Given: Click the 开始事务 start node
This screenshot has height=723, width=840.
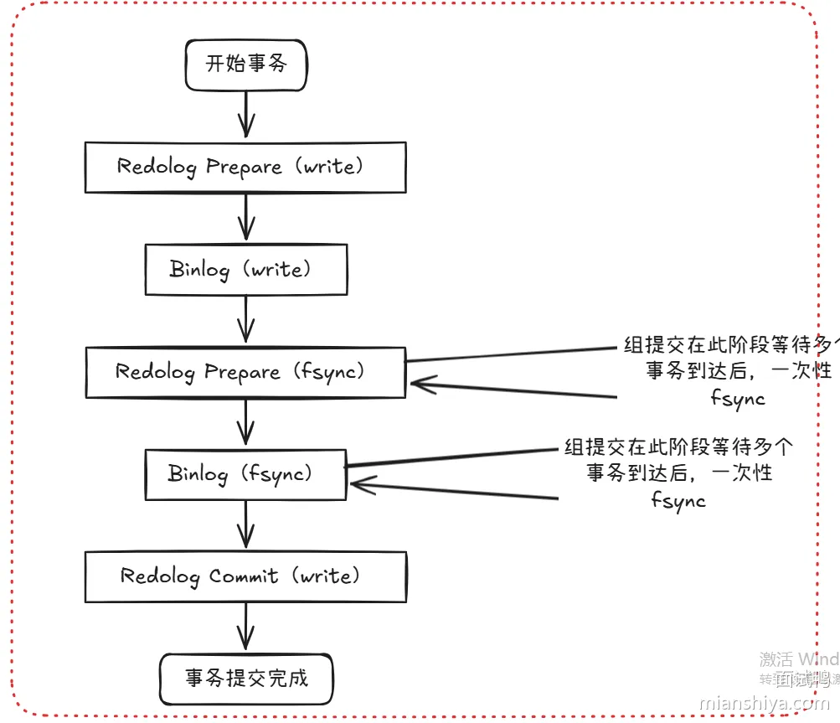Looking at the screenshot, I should tap(246, 64).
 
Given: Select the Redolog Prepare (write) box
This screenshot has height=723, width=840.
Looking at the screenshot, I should tap(245, 167).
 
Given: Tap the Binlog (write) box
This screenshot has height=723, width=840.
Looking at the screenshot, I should tap(245, 269).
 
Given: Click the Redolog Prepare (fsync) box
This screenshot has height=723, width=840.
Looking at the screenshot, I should tap(245, 372).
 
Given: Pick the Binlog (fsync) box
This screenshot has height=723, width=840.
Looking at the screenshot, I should tap(245, 474).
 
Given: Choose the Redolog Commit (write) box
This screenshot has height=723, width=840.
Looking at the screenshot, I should tap(245, 576).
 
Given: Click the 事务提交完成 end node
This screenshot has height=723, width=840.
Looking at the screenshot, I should tap(246, 678).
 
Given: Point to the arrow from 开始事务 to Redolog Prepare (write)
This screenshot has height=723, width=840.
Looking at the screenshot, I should tap(245, 115).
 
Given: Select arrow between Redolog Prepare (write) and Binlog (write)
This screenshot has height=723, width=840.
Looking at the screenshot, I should tap(245, 218).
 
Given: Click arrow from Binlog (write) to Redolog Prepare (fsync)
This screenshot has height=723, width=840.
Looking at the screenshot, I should tap(245, 321).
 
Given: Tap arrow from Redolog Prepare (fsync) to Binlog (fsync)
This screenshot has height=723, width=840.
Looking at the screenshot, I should tap(245, 423).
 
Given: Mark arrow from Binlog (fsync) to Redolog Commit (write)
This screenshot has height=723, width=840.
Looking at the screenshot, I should tap(245, 525).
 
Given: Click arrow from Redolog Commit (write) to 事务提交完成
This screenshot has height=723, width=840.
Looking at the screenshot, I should tap(245, 627).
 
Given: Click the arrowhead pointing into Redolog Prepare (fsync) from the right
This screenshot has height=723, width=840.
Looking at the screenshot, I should tap(420, 385).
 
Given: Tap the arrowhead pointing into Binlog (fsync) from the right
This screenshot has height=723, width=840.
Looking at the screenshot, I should tap(360, 485).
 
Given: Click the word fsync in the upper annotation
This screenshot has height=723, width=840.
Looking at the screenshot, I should tap(737, 398).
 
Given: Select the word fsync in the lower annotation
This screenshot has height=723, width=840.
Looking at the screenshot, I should tap(678, 500).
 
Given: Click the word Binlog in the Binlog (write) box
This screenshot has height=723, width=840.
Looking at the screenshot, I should tap(198, 269).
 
